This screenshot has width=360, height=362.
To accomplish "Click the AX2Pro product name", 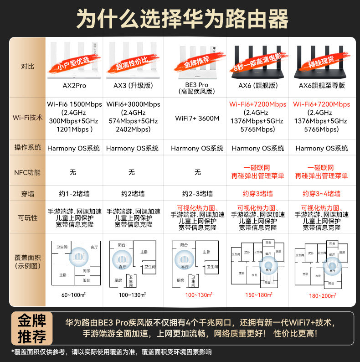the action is [74, 85].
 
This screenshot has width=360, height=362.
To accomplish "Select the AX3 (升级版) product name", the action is [133, 85].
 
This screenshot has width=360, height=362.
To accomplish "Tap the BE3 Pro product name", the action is [197, 88].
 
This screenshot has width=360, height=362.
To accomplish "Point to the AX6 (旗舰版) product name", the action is [258, 85].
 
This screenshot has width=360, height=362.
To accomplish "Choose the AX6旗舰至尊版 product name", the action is [322, 85].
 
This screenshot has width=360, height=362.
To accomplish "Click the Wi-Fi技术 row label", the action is [27, 118].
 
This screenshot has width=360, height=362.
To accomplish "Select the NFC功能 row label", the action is [27, 172].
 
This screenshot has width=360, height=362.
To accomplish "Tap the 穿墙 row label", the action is [27, 193].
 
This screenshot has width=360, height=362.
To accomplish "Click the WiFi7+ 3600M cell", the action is [197, 118].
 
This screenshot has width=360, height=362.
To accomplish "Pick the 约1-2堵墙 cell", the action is [74, 193].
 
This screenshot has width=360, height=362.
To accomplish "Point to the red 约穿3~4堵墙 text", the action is [322, 193].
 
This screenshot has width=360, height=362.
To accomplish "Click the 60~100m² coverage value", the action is [74, 295].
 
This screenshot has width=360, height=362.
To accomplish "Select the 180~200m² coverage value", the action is [322, 295].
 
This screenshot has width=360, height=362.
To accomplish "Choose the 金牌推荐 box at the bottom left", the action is [31, 328].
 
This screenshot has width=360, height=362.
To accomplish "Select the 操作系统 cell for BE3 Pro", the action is [197, 148].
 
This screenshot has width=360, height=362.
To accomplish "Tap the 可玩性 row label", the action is [27, 217].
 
